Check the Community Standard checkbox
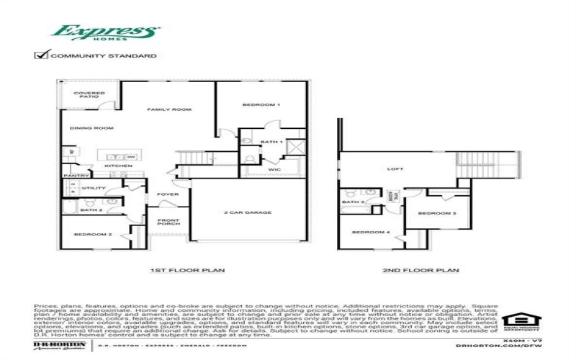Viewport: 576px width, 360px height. click(x=42, y=55)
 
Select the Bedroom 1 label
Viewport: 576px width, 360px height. click(x=261, y=105)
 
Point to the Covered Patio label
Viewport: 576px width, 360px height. click(x=90, y=94)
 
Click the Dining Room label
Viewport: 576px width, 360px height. click(x=91, y=128)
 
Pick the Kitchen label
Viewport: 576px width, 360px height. click(x=119, y=166)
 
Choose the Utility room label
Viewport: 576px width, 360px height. click(x=94, y=188)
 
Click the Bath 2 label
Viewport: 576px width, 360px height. click(x=90, y=210)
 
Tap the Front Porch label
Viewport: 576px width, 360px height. click(x=168, y=223)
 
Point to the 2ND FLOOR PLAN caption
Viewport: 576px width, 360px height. click(x=421, y=271)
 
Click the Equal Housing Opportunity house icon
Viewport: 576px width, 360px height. click(x=516, y=319)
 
